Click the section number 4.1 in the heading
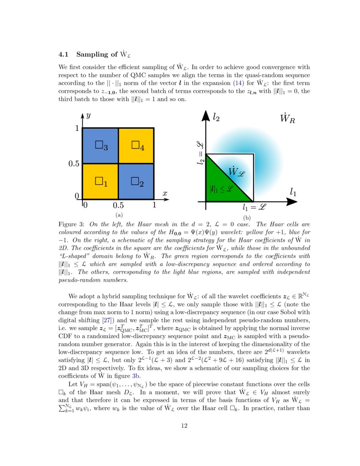(x=64, y=54)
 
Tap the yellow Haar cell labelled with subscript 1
(x=100, y=181)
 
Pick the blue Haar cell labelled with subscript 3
(x=100, y=145)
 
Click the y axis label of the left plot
(x=88, y=116)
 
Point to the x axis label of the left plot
(x=165, y=194)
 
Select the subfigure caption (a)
(x=119, y=215)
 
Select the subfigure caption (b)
(x=247, y=218)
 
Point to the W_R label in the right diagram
(x=288, y=118)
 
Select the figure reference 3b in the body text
(x=137, y=375)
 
